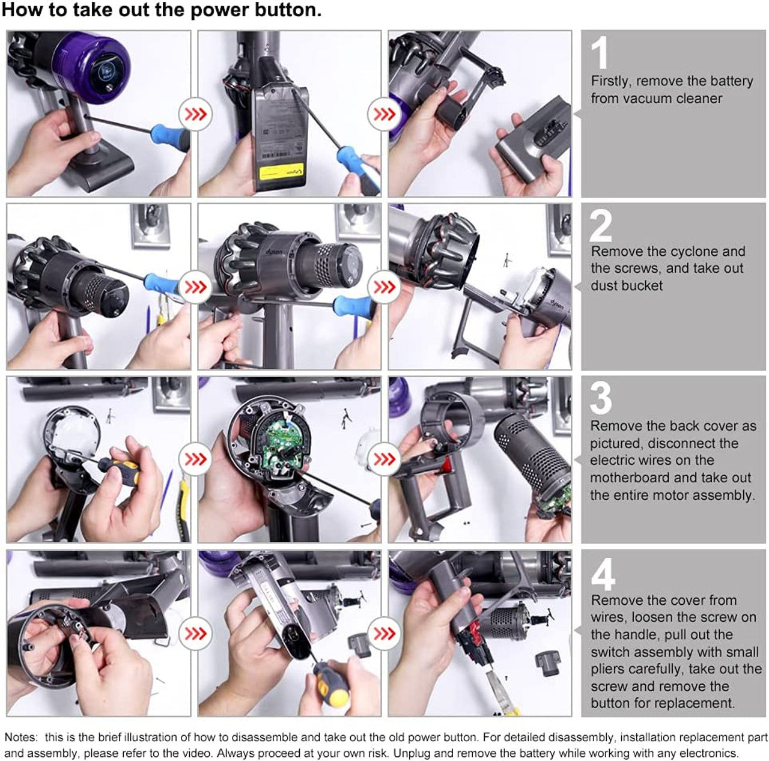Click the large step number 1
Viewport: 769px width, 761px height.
tap(599, 54)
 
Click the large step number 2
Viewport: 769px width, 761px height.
tap(601, 226)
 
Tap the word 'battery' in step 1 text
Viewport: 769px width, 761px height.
tap(730, 81)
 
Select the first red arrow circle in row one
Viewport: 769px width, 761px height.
tap(195, 114)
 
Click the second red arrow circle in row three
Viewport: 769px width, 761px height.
tap(384, 459)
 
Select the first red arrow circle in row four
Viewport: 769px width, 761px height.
tap(195, 633)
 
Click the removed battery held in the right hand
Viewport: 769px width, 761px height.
tap(529, 147)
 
